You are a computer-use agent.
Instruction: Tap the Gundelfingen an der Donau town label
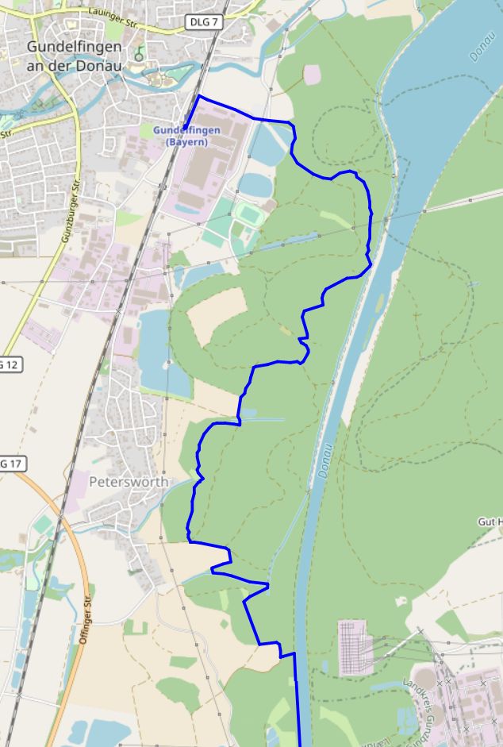tap(75, 56)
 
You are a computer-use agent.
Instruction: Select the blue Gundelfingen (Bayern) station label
tap(186, 136)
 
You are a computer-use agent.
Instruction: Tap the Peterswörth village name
tap(129, 482)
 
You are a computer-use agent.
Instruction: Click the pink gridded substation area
tap(355, 648)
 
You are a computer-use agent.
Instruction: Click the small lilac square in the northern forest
tap(313, 74)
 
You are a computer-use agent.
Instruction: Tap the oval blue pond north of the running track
tap(255, 184)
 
